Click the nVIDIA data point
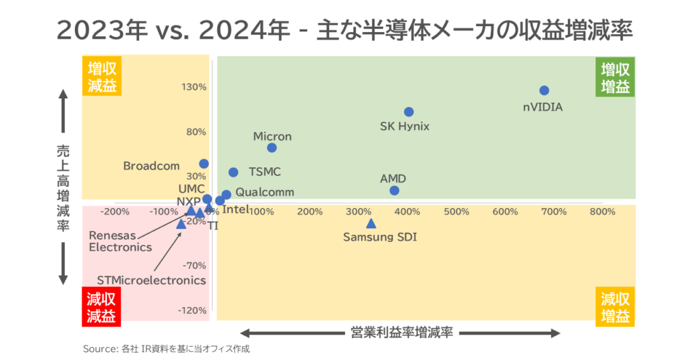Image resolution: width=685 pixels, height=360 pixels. pyautogui.click(x=544, y=90)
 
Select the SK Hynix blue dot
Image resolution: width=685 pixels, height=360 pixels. pyautogui.click(x=409, y=112)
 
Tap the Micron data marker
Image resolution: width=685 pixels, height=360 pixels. pyautogui.click(x=272, y=148)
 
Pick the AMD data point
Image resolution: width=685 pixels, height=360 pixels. pyautogui.click(x=394, y=191)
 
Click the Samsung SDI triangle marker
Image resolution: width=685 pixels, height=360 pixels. pyautogui.click(x=371, y=223)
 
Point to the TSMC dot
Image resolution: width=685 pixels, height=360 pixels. pyautogui.click(x=233, y=172)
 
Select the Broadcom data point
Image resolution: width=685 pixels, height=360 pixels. pyautogui.click(x=204, y=163)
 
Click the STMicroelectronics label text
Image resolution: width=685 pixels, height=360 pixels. pyautogui.click(x=151, y=280)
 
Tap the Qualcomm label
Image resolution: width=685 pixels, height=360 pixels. pyautogui.click(x=265, y=192)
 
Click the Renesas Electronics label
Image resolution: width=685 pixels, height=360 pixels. pyautogui.click(x=120, y=242)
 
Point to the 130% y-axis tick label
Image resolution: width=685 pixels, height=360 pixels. pyautogui.click(x=193, y=87)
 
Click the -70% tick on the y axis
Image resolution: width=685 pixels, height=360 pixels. pyautogui.click(x=193, y=266)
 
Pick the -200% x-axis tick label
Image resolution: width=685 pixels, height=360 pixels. pyautogui.click(x=114, y=212)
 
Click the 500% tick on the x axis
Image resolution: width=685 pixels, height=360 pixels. pyautogui.click(x=456, y=212)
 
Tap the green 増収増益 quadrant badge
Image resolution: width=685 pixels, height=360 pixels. pyautogui.click(x=615, y=78)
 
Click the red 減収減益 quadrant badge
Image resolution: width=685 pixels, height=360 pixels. pyautogui.click(x=101, y=307)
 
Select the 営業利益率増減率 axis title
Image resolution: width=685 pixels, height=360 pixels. pyautogui.click(x=401, y=333)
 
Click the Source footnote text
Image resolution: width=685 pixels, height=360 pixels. pyautogui.click(x=167, y=349)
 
